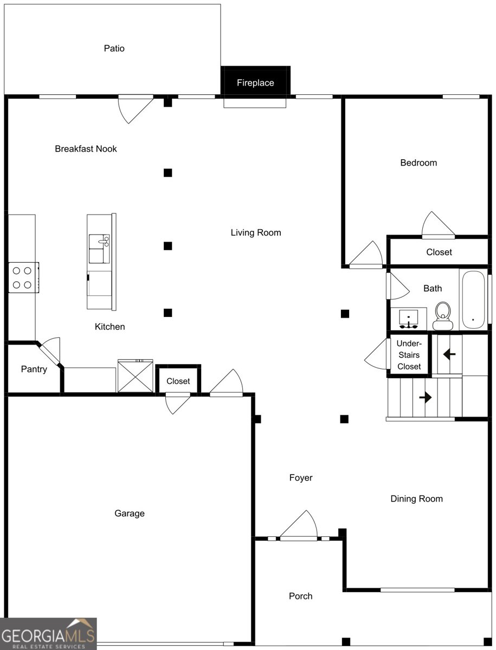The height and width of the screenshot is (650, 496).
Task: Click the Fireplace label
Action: click(x=255, y=83)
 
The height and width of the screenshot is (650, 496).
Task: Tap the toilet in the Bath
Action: click(x=443, y=316)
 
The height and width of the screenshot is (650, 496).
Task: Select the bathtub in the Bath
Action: click(x=473, y=300)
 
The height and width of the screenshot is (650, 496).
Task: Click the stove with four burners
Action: click(x=23, y=277)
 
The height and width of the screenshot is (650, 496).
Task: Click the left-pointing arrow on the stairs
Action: click(x=449, y=355)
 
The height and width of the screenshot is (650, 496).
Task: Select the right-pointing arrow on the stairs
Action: click(x=425, y=397)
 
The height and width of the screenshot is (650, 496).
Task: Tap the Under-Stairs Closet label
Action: click(x=409, y=355)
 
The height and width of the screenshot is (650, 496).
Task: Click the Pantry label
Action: click(x=34, y=369)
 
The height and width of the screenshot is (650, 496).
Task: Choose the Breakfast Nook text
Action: click(x=86, y=148)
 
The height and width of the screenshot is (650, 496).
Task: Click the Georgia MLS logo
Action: click(x=48, y=634)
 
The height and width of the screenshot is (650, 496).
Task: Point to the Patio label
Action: click(x=114, y=48)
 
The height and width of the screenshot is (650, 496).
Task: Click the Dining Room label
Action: click(x=416, y=499)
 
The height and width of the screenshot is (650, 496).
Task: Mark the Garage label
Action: click(x=129, y=513)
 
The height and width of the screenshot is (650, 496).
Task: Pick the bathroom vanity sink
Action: click(x=408, y=318)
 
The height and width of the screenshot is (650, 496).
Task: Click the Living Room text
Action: click(x=256, y=233)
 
